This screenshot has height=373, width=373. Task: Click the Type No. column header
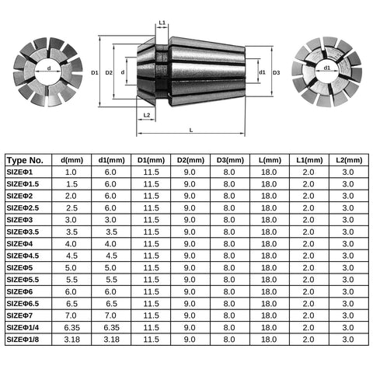click(25, 160)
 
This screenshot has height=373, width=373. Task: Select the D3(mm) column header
click(230, 160)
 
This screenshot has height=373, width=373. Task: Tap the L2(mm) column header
click(349, 160)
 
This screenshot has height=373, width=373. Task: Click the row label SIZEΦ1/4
click(23, 328)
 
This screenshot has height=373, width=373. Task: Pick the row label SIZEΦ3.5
click(23, 232)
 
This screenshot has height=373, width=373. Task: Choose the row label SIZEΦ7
click(19, 315)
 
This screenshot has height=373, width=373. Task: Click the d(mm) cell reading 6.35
click(71, 328)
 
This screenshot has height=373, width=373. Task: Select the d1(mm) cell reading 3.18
click(111, 340)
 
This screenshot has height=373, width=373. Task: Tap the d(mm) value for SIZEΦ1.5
click(71, 184)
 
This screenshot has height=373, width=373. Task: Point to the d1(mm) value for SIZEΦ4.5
click(111, 256)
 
